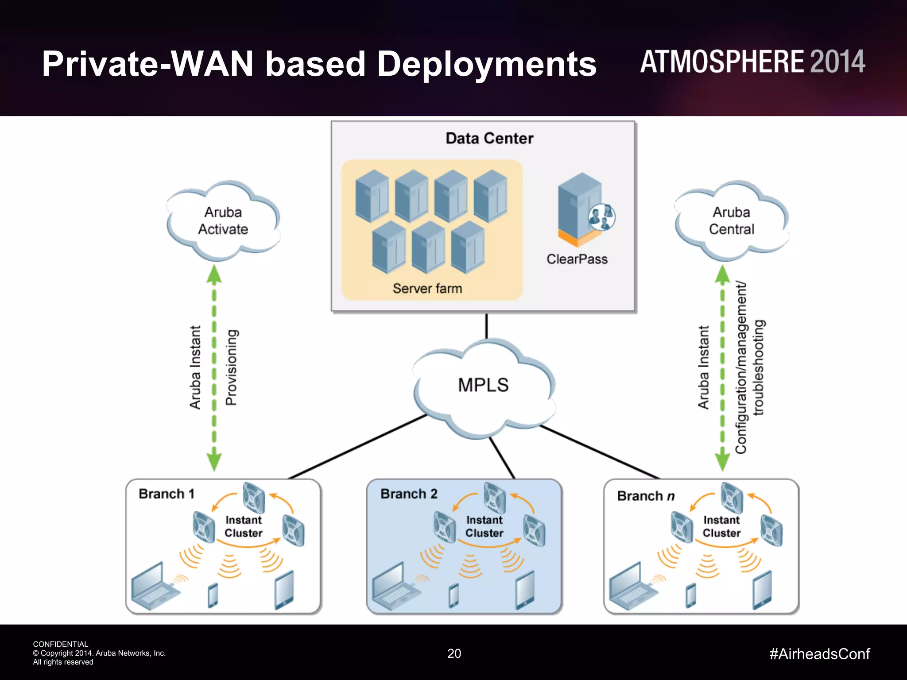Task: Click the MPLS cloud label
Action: coord(483,385)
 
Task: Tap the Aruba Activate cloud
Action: coord(223,220)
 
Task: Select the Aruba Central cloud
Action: coord(731,220)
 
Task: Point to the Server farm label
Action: coord(427,289)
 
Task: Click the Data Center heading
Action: coord(489,139)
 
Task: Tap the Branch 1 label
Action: coord(167,494)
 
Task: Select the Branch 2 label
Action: coord(409,494)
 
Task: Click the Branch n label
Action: coord(646,496)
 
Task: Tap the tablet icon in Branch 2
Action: coord(525,590)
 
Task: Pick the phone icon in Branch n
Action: coord(691,595)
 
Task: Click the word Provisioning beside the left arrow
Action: coord(232,367)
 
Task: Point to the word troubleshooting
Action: coord(759,367)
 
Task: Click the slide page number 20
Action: coord(454,653)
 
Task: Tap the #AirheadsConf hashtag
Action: coord(820,654)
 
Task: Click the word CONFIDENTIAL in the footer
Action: coord(61,644)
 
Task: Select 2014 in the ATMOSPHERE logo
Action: coord(837,62)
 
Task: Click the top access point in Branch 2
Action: coord(494,497)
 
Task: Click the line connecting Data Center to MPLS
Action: coord(487,326)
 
